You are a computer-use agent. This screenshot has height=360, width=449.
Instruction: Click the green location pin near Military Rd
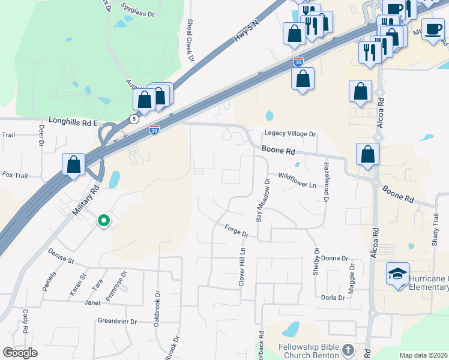(104, 221)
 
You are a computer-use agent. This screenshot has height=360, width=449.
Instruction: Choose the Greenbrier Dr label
(117, 322)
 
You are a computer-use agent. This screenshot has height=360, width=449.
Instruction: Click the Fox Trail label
(15, 175)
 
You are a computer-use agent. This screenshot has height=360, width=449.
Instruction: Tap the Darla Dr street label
(333, 298)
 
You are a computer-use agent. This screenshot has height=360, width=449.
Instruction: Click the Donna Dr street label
(334, 259)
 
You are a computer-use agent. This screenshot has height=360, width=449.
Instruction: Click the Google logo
(20, 353)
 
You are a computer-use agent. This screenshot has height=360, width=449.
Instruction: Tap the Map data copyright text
(423, 355)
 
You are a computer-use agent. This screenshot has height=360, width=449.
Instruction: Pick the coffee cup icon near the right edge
(432, 29)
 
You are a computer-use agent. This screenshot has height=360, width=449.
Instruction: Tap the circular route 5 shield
(133, 119)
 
